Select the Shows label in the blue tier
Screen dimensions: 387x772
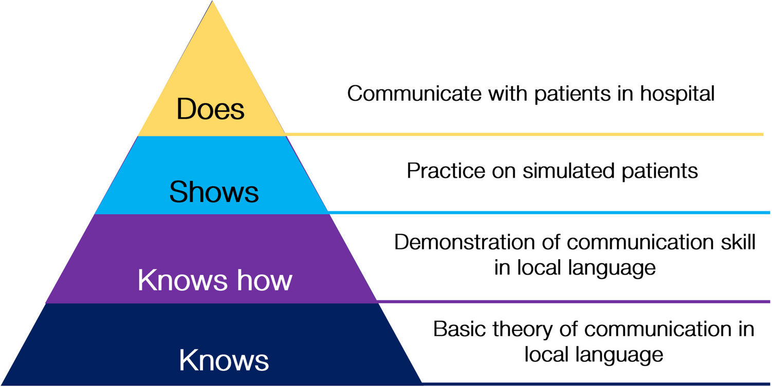[214, 192]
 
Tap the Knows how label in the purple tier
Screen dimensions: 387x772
[215, 281]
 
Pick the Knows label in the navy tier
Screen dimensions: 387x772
[224, 360]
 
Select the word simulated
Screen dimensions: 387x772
[572, 171]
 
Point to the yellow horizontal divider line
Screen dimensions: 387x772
[524, 135]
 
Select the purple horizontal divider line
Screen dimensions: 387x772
[573, 301]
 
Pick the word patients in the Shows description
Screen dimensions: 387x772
[664, 171]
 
